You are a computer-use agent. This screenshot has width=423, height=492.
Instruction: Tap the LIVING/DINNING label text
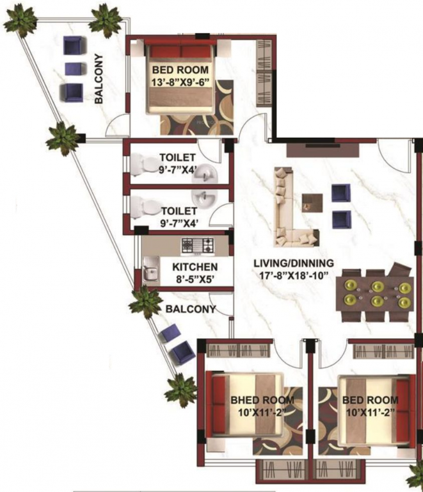tap(294, 263)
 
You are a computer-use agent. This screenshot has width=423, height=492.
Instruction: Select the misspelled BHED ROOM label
tap(258, 401)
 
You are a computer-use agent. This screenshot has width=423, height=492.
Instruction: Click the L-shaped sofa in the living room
tap(288, 211)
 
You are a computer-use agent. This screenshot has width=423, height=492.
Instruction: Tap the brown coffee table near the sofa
tap(312, 202)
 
